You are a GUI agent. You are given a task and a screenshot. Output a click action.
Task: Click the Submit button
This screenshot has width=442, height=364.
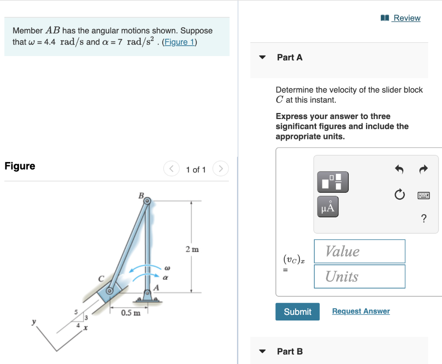297,311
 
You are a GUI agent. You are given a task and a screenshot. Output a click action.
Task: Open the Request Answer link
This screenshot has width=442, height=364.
361,311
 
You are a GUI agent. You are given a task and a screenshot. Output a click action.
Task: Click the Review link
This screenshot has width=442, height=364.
406,18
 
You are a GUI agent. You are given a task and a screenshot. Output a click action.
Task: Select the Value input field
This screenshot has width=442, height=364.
360,251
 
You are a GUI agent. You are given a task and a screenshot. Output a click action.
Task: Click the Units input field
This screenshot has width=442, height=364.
360,276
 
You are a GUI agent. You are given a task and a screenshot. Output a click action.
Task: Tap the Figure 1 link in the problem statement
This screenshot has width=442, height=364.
180,42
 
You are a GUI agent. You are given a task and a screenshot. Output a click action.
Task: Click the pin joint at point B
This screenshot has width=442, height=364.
147,201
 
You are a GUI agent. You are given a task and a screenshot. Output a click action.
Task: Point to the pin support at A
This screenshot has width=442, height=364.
148,295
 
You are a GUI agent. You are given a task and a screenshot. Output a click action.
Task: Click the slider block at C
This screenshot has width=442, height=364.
110,291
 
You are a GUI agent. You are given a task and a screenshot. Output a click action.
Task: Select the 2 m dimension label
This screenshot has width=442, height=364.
192,249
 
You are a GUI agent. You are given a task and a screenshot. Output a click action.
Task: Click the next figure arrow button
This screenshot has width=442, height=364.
220,169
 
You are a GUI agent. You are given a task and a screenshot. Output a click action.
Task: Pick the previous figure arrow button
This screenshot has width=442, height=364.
171,169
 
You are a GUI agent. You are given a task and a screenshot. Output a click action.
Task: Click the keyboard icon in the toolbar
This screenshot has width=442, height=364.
423,195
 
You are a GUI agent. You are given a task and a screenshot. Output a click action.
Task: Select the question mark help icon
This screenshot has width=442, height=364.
423,219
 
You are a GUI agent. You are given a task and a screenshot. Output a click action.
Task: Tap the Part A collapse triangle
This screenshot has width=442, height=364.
262,57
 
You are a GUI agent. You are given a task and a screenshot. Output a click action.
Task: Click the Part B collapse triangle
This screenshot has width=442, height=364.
262,351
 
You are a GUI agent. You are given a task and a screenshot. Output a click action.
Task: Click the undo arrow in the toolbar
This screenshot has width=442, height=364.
399,170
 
